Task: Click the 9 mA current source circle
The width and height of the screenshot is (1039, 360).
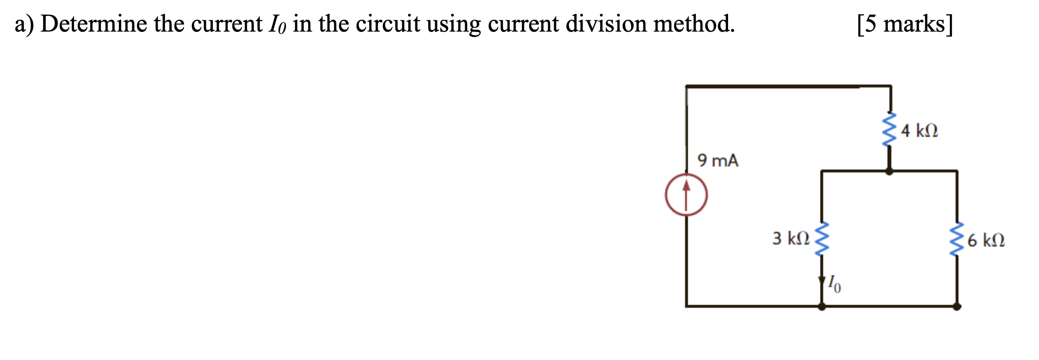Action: pyautogui.click(x=686, y=194)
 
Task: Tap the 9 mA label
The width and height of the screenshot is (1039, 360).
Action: pyautogui.click(x=718, y=161)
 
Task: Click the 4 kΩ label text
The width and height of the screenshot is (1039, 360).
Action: pyautogui.click(x=919, y=131)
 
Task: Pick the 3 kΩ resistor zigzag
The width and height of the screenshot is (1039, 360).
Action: pyautogui.click(x=822, y=239)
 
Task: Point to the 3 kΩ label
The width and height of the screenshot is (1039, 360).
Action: pyautogui.click(x=790, y=238)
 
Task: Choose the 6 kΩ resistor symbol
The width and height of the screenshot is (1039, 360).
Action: pyautogui.click(x=957, y=240)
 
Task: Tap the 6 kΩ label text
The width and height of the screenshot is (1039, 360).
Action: pyautogui.click(x=986, y=241)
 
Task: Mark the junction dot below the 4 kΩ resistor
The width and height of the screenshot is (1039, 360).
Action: pyautogui.click(x=889, y=171)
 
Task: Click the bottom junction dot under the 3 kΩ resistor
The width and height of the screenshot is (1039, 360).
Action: pyautogui.click(x=822, y=306)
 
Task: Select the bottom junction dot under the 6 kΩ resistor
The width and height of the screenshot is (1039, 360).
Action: pyautogui.click(x=957, y=306)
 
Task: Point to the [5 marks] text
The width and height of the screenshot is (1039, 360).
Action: pyautogui.click(x=905, y=25)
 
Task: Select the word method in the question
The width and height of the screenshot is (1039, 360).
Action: pyautogui.click(x=693, y=24)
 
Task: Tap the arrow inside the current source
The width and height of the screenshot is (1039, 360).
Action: pyautogui.click(x=686, y=193)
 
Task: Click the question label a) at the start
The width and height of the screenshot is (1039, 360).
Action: pyautogui.click(x=24, y=25)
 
